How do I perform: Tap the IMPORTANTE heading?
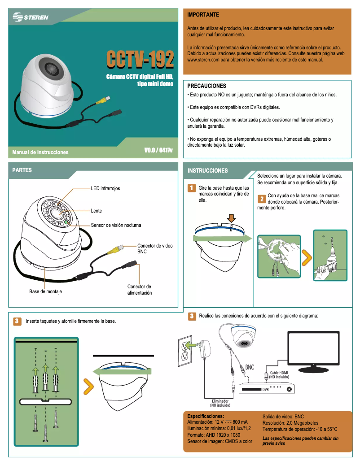coord(203,15)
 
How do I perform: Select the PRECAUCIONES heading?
coord(206,86)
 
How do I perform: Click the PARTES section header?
coord(22,170)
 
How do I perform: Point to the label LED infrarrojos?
coord(105,189)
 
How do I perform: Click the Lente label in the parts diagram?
coord(97,211)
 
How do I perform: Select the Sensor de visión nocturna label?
coord(116,225)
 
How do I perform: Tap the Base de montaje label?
coord(45,292)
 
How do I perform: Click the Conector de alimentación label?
coord(139,290)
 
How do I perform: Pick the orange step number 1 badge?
coord(191,187)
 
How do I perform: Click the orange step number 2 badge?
coord(262,199)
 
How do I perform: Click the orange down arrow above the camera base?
coord(231,218)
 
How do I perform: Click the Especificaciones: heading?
coord(205,416)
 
